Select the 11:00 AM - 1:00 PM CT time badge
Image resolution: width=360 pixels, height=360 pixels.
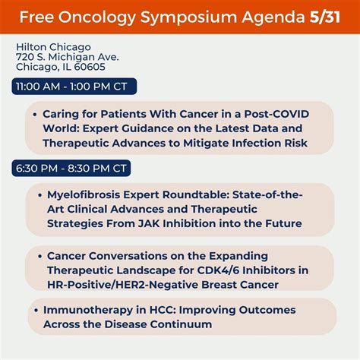(x=68, y=87)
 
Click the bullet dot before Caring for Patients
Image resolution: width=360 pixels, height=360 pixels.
(x=36, y=114)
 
